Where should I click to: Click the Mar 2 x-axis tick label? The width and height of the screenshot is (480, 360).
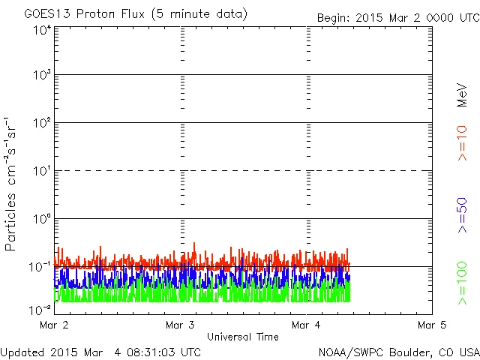56,325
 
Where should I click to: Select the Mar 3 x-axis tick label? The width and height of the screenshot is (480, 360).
181,325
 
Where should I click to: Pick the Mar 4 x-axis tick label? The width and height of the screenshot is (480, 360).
307,325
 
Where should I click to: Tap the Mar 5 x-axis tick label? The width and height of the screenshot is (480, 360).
432,325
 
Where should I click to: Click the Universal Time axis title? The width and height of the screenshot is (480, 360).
242,337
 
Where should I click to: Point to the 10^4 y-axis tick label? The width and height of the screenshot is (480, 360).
41,30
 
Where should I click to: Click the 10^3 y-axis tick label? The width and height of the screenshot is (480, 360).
41,76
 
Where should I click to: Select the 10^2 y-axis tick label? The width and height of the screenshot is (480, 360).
41,124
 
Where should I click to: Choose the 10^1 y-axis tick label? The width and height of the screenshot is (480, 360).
41,172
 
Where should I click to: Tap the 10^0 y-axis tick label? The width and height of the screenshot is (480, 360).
41,220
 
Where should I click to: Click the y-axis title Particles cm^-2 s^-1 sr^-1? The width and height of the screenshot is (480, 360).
12,184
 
